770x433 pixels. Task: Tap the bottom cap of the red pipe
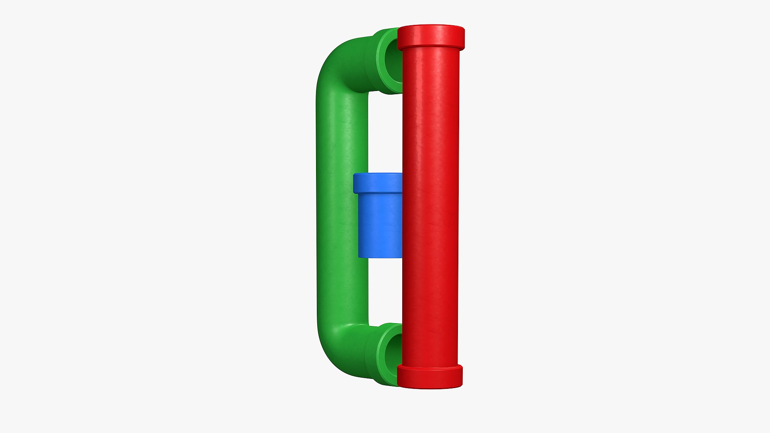[430, 376]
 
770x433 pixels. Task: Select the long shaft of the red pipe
[430, 200]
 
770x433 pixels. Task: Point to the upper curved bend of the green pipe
[335, 64]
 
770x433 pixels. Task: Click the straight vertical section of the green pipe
[342, 200]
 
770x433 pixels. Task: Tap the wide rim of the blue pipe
[378, 183]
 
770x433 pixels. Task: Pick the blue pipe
[379, 216]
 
